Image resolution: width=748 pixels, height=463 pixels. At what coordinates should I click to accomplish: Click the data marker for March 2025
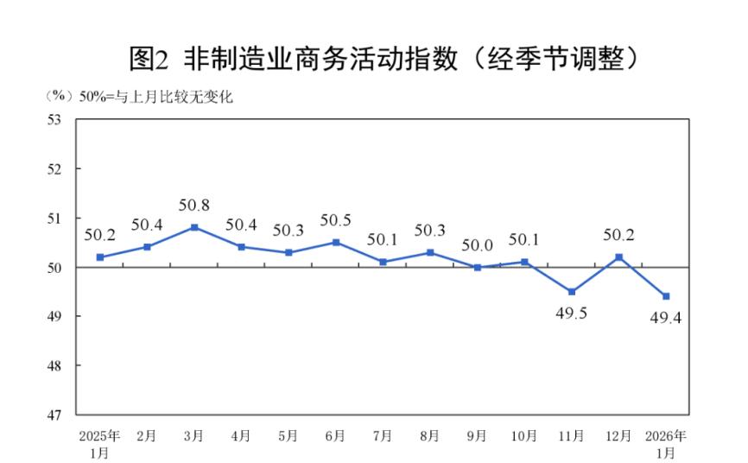click(194, 227)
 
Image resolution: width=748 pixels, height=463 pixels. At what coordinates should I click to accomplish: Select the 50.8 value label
click(194, 206)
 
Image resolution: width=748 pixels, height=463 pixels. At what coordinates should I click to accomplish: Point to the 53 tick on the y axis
click(56, 119)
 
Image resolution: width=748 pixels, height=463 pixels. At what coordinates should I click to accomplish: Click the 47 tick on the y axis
click(56, 415)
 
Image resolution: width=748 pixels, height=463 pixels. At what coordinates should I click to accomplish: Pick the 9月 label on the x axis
click(477, 435)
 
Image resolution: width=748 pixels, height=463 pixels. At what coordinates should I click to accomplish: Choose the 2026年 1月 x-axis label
click(666, 442)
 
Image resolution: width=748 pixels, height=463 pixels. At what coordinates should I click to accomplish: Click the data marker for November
click(572, 292)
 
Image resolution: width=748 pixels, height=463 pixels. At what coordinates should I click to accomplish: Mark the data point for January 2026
click(666, 296)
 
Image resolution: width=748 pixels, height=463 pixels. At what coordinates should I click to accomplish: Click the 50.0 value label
click(477, 246)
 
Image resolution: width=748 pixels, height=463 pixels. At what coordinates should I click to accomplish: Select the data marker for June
click(336, 242)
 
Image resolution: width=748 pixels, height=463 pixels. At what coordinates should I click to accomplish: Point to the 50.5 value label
click(336, 221)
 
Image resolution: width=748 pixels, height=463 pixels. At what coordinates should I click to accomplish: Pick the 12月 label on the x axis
click(618, 435)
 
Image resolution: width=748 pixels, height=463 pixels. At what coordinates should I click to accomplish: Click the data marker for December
click(618, 257)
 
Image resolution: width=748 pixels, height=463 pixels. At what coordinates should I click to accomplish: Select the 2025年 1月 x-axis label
click(99, 442)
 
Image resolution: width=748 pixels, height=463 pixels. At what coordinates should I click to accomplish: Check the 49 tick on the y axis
click(56, 316)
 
